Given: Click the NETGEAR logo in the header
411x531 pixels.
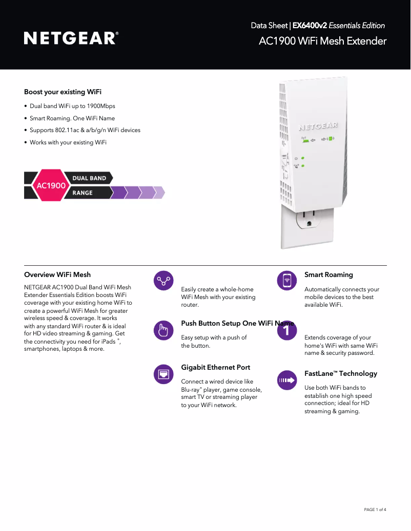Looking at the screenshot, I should pyautogui.click(x=71, y=38).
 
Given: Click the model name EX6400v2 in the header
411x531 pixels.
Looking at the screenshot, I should pyautogui.click(x=310, y=26).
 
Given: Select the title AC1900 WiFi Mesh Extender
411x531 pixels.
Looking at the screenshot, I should pyautogui.click(x=322, y=41).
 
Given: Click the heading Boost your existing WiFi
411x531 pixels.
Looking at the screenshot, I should pyautogui.click(x=63, y=92).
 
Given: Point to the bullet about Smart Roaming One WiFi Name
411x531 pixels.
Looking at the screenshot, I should pyautogui.click(x=72, y=118).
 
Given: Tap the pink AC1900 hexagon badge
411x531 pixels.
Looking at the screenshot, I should pyautogui.click(x=51, y=185).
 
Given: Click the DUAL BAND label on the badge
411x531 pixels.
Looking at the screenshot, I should pyautogui.click(x=89, y=178).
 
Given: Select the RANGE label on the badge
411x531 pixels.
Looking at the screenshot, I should pyautogui.click(x=83, y=193).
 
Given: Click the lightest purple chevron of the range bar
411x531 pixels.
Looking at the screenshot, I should pyautogui.click(x=159, y=193).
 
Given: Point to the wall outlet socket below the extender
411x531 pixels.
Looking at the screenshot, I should pyautogui.click(x=309, y=219).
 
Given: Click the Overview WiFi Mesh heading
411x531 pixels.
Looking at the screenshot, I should pyautogui.click(x=57, y=274).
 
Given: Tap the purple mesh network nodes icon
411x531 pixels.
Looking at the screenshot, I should pyautogui.click(x=163, y=281).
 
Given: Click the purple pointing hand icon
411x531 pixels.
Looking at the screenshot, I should pyautogui.click(x=163, y=331).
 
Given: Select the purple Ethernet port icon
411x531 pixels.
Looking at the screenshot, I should pyautogui.click(x=163, y=374).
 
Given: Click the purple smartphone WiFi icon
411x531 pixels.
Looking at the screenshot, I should pyautogui.click(x=287, y=281).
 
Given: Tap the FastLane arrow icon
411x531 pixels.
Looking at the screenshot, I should pyautogui.click(x=287, y=380).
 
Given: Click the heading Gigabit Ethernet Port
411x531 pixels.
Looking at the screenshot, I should pyautogui.click(x=216, y=367).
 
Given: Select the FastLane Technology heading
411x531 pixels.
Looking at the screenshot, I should pyautogui.click(x=341, y=373).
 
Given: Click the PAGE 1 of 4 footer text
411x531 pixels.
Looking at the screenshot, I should pyautogui.click(x=375, y=509).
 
